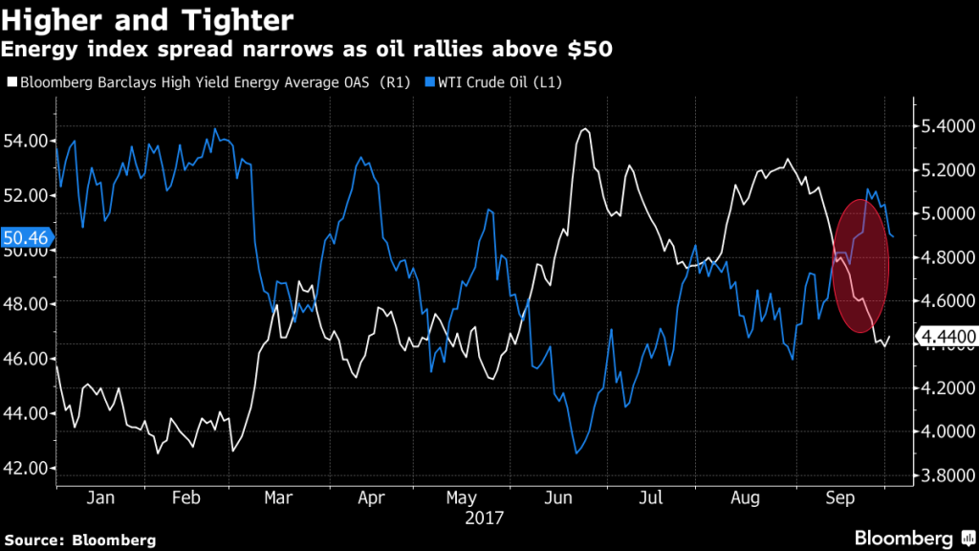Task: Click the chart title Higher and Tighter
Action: click(x=148, y=19)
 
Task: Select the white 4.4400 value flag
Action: click(x=945, y=337)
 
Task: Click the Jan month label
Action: click(x=100, y=498)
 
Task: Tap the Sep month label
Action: click(x=838, y=498)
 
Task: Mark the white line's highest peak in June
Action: click(x=584, y=128)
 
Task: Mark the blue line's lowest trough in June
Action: click(x=577, y=453)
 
